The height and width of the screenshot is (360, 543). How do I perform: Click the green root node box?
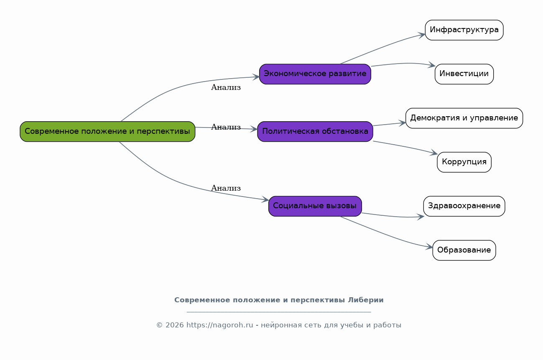[x=107, y=131]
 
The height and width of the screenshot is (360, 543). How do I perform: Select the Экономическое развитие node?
[x=315, y=74]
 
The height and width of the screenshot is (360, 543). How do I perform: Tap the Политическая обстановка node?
[x=315, y=131]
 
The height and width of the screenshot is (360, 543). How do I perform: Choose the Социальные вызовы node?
[x=315, y=206]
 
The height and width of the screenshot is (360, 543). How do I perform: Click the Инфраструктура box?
[x=464, y=30]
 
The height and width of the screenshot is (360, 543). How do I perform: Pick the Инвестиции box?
[x=464, y=74]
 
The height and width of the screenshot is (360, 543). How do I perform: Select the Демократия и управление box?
[x=464, y=118]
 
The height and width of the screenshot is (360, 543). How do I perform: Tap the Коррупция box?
[x=464, y=162]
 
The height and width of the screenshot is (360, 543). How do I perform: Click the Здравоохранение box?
[x=464, y=206]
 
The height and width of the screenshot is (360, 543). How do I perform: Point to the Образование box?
[x=464, y=250]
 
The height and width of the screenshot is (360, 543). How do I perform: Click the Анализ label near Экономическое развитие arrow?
[x=226, y=87]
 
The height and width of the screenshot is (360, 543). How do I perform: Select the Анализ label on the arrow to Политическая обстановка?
[x=226, y=127]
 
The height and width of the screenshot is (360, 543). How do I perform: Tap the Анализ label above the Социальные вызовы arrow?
[x=226, y=188]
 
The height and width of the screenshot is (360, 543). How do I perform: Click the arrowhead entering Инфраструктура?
[x=422, y=35]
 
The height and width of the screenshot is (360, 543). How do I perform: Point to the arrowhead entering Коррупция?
[x=434, y=153]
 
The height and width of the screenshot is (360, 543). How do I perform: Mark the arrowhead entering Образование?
[x=429, y=247]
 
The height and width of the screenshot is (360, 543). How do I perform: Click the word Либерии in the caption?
[x=366, y=300]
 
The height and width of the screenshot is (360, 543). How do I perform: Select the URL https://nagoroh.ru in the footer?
[x=219, y=325]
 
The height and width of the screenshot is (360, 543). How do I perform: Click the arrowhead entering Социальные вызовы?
[x=265, y=200]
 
